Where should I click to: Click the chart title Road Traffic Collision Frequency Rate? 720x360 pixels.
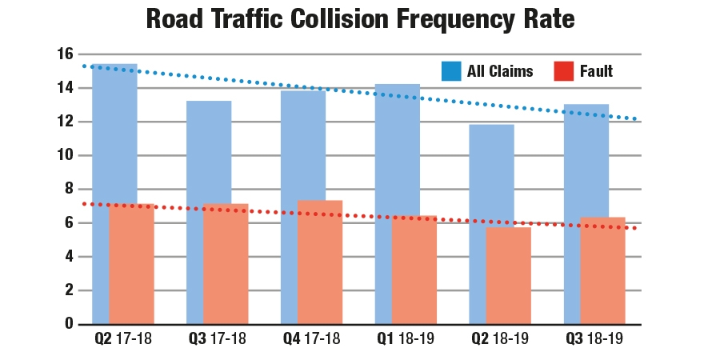tap(360, 19)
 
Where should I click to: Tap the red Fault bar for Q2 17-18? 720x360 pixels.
tap(131, 264)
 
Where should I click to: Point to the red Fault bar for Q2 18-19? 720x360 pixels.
tap(508, 275)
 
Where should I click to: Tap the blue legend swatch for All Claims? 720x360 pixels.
tap(452, 71)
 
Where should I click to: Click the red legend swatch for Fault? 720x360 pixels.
tap(564, 71)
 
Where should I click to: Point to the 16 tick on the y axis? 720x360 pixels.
tap(65, 54)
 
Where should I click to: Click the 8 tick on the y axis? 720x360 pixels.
tap(69, 189)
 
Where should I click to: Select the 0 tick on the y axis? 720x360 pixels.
tap(69, 324)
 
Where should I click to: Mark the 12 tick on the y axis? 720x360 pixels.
tap(65, 122)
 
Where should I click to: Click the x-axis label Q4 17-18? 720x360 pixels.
tap(311, 339)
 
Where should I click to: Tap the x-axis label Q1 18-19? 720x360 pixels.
tap(406, 339)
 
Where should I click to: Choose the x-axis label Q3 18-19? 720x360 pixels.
tap(594, 339)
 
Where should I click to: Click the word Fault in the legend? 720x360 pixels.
tap(596, 71)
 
